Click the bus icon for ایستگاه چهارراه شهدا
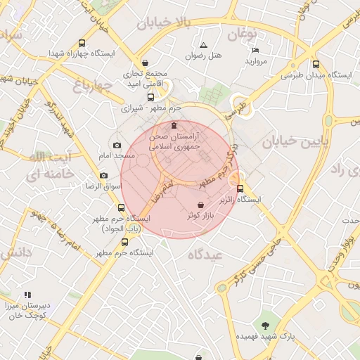(83, 43)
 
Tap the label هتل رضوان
(203, 56)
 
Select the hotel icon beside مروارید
(255, 51)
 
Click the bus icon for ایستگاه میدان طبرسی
(316, 63)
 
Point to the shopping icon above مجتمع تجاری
(146, 63)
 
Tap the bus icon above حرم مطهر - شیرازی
(150, 98)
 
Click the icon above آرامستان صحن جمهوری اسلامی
(174, 124)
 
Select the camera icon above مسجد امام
(117, 145)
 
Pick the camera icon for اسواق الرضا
(104, 175)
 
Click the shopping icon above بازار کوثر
(201, 205)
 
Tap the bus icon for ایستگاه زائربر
(240, 188)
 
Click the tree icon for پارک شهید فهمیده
(264, 326)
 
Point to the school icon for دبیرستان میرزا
(27, 295)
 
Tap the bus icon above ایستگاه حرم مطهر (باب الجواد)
(122, 208)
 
